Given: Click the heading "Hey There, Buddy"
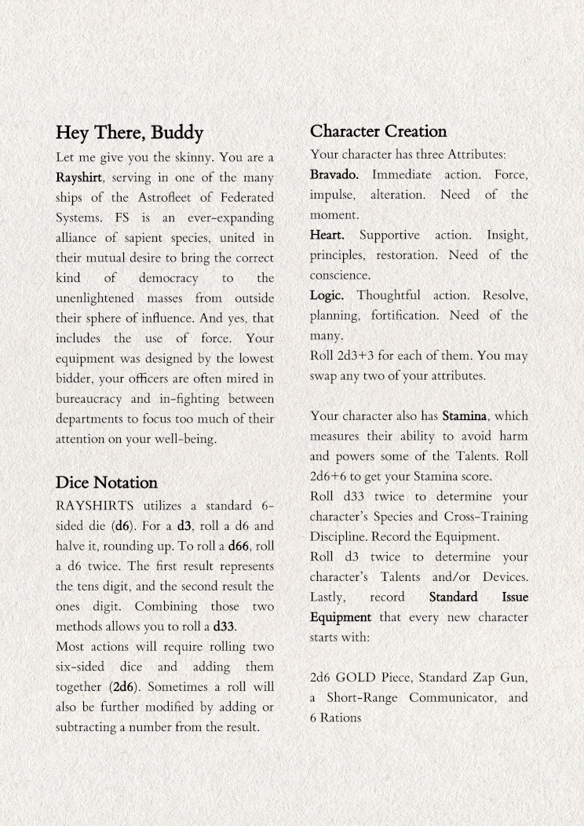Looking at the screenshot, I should [130, 132].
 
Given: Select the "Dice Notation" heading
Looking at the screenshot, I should [106, 482].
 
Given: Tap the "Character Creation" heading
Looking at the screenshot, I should [378, 131].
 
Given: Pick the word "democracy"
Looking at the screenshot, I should [168, 278].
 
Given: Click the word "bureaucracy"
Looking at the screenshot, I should [93, 399].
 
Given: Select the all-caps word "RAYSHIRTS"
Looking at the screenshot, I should [93, 506].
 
